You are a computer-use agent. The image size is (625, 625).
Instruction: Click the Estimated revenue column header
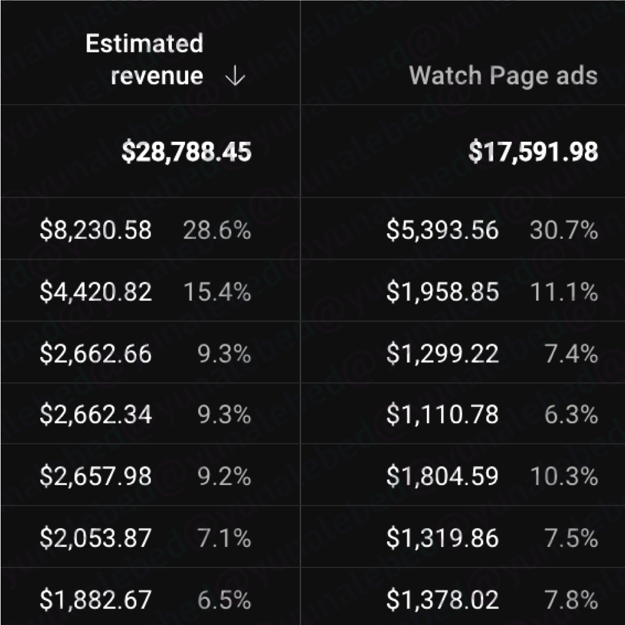(x=145, y=60)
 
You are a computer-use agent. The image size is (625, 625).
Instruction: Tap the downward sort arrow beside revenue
(x=234, y=76)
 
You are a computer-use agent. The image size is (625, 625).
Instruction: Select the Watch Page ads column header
(x=503, y=76)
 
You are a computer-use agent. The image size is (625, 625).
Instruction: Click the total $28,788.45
(x=186, y=152)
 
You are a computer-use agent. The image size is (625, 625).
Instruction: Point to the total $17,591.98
(x=533, y=152)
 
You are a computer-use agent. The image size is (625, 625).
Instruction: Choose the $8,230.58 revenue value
(x=96, y=231)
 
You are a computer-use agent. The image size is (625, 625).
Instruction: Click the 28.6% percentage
(x=217, y=231)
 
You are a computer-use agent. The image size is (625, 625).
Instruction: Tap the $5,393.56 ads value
(x=442, y=231)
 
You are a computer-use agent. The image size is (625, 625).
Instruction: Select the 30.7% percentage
(x=564, y=231)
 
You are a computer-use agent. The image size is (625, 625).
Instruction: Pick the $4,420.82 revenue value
(x=96, y=292)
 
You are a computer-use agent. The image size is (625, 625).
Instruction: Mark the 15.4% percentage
(x=217, y=292)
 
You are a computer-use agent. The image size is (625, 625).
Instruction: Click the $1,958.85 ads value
(x=442, y=292)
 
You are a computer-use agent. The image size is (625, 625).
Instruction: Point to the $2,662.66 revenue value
(x=96, y=354)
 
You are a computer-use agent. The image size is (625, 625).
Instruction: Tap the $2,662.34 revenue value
(x=96, y=415)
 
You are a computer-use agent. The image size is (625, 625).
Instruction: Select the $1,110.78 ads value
(x=442, y=415)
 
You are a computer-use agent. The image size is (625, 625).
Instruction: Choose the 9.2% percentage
(x=224, y=477)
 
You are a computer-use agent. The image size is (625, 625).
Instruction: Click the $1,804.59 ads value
(x=442, y=477)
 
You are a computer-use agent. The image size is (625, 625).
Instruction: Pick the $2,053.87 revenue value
(x=96, y=538)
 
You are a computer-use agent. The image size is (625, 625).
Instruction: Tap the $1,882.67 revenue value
(x=96, y=600)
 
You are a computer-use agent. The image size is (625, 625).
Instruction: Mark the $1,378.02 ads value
(x=442, y=600)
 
